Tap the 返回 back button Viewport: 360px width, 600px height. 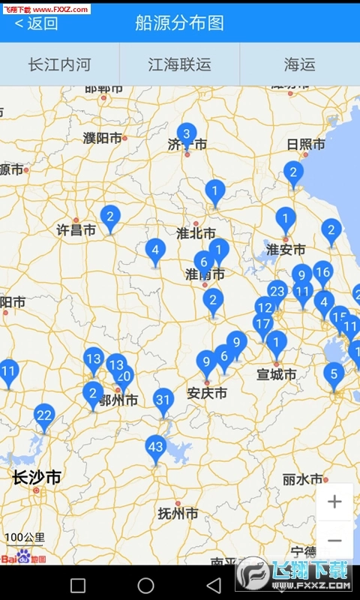point(36,23)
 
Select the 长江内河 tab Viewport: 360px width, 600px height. point(59,64)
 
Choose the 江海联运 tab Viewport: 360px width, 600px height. point(179,64)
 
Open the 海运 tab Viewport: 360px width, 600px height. point(299,64)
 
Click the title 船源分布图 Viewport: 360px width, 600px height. point(180,23)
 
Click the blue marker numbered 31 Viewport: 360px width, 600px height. point(163,400)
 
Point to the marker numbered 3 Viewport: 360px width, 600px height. point(187,133)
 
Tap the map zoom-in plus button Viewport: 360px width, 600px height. point(334,502)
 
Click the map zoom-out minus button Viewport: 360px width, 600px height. point(334,541)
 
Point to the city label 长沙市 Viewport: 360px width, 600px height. point(37,478)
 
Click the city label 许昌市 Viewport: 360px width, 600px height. point(76,230)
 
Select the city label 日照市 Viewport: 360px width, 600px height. point(306,144)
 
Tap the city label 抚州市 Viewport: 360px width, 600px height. point(178,514)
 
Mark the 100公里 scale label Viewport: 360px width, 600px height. point(25,537)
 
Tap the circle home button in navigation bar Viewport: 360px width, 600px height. point(145,585)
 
